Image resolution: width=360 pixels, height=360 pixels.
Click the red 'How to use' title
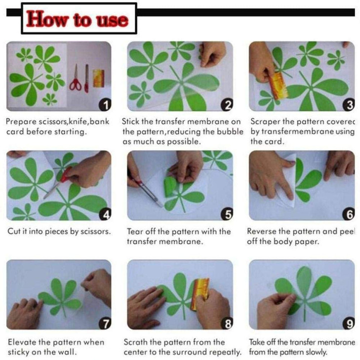point(77,19)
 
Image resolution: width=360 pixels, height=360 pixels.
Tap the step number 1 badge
point(105,105)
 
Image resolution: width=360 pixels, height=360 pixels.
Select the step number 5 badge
point(227,214)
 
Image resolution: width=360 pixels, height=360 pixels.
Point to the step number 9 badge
point(349,323)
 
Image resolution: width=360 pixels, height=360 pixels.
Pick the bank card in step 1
point(98,79)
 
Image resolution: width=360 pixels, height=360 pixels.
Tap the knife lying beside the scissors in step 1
point(86,79)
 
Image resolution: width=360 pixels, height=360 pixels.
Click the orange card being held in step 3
point(278,86)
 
